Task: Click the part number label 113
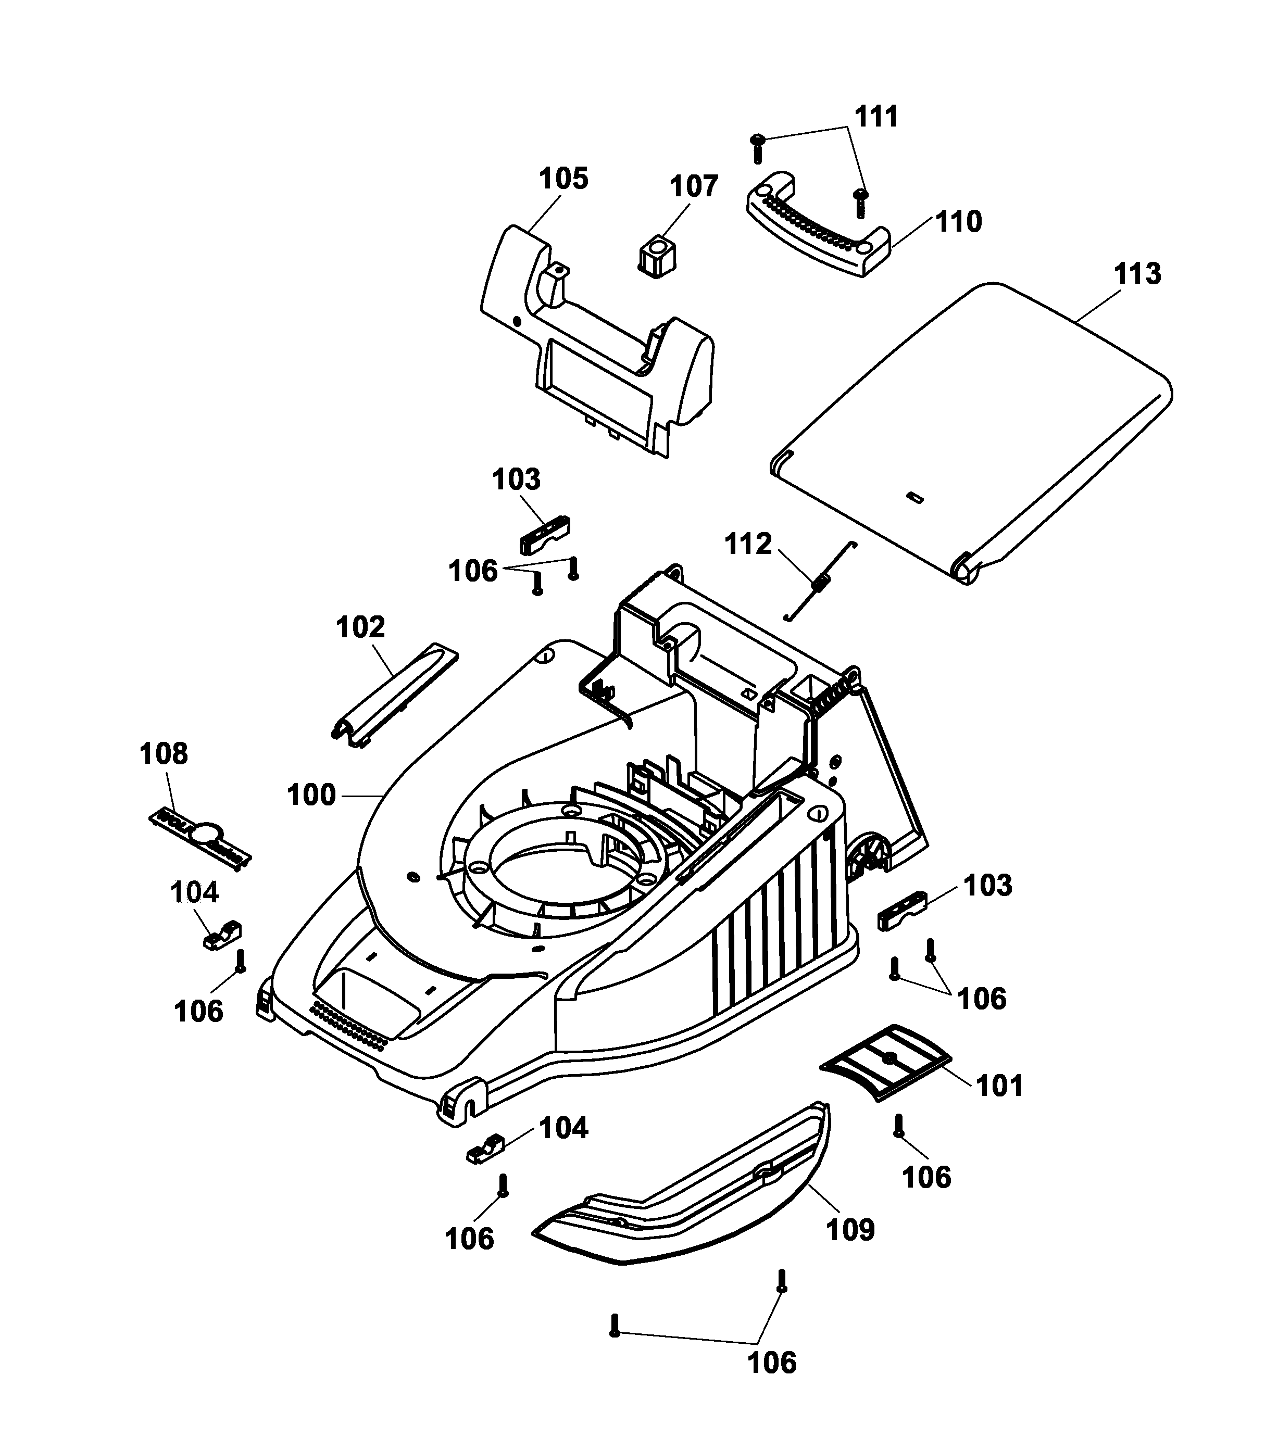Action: (1137, 274)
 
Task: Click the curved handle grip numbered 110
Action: (817, 232)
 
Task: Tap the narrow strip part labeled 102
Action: (394, 695)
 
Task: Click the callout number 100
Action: (311, 795)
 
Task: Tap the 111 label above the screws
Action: (876, 117)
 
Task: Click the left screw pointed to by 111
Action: (758, 148)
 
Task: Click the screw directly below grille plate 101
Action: (899, 1126)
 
